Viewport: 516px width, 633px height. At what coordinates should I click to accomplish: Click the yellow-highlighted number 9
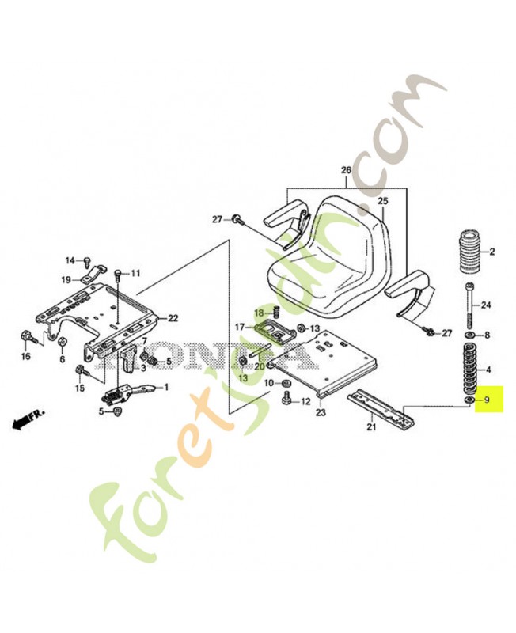[x=488, y=400]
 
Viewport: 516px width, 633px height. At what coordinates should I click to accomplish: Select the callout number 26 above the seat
[x=345, y=170]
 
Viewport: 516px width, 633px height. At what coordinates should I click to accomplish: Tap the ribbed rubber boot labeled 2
[x=468, y=252]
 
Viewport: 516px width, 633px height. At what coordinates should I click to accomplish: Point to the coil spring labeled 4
[x=468, y=369]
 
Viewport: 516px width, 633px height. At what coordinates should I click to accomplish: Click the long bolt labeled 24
[x=469, y=305]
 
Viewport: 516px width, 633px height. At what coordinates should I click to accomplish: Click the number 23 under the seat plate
[x=321, y=412]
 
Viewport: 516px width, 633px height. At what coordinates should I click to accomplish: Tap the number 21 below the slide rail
[x=370, y=428]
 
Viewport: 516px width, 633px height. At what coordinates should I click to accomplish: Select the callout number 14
[x=70, y=260]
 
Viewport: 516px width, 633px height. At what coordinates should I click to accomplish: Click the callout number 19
[x=66, y=279]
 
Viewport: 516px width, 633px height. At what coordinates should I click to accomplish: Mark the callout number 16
[x=25, y=357]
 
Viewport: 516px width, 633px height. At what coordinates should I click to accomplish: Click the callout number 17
[x=239, y=327]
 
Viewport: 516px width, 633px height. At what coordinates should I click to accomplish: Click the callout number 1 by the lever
[x=166, y=387]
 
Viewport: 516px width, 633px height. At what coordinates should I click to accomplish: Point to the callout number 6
[x=62, y=359]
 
